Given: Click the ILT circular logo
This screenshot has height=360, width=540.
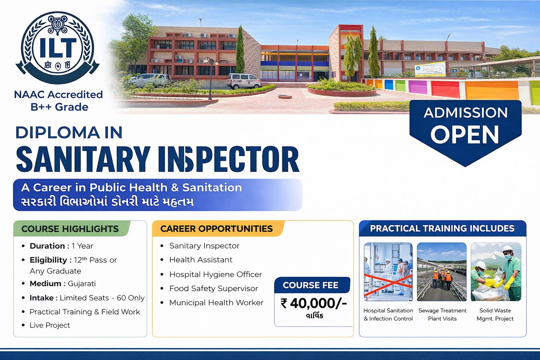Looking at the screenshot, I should tap(57, 47).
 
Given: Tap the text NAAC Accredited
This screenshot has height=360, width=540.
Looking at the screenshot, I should tap(58, 95).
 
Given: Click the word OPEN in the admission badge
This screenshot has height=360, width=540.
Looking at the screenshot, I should tap(465, 135).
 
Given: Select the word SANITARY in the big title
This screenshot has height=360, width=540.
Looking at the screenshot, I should tap(83, 160).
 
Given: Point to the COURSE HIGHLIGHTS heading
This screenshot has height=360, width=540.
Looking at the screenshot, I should tap(70, 229).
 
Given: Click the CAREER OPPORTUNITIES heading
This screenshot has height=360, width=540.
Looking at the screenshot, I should tap(216, 229).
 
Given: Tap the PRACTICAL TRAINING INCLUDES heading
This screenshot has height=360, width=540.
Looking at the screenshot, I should tap(442, 229).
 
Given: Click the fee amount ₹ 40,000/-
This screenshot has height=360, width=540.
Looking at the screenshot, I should tap(313, 303).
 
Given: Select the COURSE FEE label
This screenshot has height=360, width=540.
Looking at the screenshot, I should tap(310, 285).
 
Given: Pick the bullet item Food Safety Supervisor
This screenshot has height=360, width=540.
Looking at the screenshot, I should tap(213, 289).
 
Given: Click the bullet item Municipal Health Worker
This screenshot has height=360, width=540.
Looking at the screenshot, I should tap(216, 303).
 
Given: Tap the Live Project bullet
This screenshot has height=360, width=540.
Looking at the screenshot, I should tap(50, 325).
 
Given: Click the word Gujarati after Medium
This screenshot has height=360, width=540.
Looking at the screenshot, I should tap(82, 284).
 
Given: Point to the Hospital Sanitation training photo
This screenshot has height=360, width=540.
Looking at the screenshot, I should tap(388, 272).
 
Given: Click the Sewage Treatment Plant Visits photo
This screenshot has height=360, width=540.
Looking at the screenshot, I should tap(442, 272).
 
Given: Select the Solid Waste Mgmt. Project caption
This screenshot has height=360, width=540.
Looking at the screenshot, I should tap(495, 315).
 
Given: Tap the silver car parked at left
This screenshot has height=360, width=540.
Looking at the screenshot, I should tap(149, 80).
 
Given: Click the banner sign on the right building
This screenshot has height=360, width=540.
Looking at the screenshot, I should tap(430, 69).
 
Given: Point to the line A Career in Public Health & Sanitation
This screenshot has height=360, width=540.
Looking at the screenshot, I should tap(131, 188).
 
